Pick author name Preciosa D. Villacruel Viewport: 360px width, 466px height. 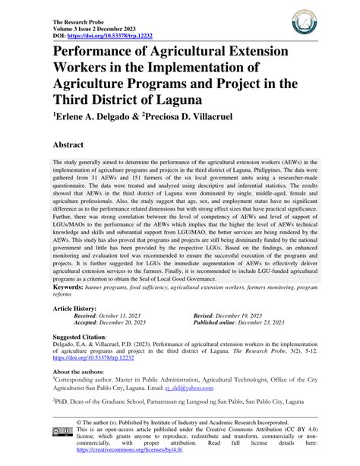pos(210,119)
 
